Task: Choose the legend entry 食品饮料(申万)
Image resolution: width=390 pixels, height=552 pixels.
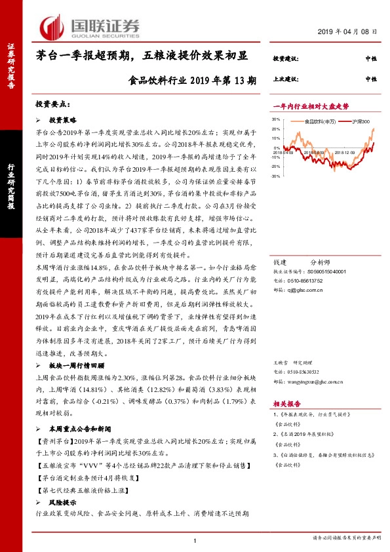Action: click(x=322, y=122)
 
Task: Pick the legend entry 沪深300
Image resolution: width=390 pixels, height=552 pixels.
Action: click(x=361, y=122)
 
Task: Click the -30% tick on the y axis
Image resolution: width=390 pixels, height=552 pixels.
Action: click(x=277, y=176)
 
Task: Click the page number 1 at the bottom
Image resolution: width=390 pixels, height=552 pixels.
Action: click(x=196, y=540)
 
